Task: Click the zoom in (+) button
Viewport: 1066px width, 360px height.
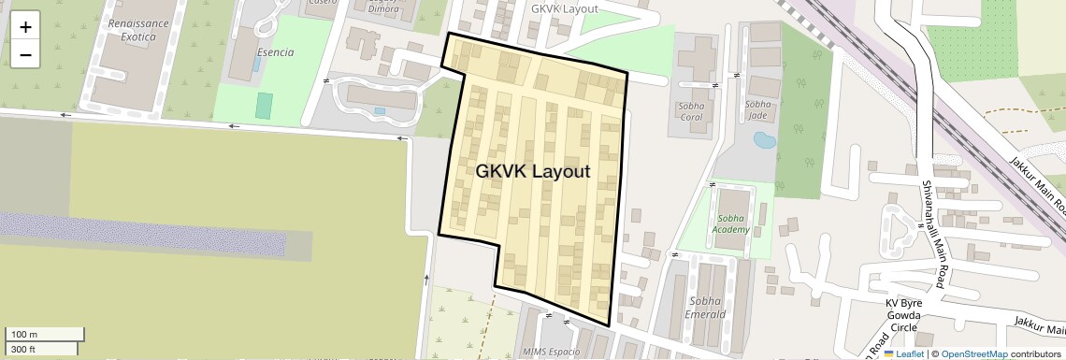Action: click(x=25, y=27)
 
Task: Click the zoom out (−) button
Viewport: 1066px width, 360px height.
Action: click(x=25, y=55)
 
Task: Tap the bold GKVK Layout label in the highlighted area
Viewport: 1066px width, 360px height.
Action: click(x=533, y=172)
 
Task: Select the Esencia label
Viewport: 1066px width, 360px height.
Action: click(x=275, y=53)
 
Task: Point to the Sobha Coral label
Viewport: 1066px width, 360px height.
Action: click(x=691, y=111)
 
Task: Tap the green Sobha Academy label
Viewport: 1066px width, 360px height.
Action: click(x=730, y=223)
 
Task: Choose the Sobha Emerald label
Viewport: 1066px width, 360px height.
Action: click(x=707, y=308)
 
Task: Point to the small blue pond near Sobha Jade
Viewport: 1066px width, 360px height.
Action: click(x=764, y=141)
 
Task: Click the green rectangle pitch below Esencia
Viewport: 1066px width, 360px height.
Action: click(x=264, y=105)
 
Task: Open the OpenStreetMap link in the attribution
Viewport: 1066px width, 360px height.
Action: click(x=973, y=353)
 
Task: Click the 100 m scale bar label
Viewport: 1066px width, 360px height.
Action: click(x=23, y=334)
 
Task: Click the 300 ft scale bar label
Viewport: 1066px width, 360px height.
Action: click(x=23, y=350)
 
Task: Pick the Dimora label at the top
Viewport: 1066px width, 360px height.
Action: click(x=383, y=7)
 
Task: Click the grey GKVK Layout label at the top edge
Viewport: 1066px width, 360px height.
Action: click(x=564, y=8)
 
